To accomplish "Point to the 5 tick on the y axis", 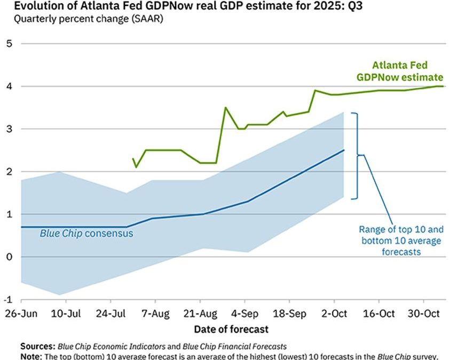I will click(x=9, y=43).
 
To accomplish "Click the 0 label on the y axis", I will click(x=9, y=257).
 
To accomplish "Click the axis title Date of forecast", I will click(x=231, y=329).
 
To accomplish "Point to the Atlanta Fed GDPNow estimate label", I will click(x=407, y=71).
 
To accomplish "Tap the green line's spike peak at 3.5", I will click(x=225, y=108).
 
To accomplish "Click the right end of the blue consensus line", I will click(x=344, y=150).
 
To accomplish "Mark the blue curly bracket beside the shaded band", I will click(x=359, y=155).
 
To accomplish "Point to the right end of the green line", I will click(x=443, y=86).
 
